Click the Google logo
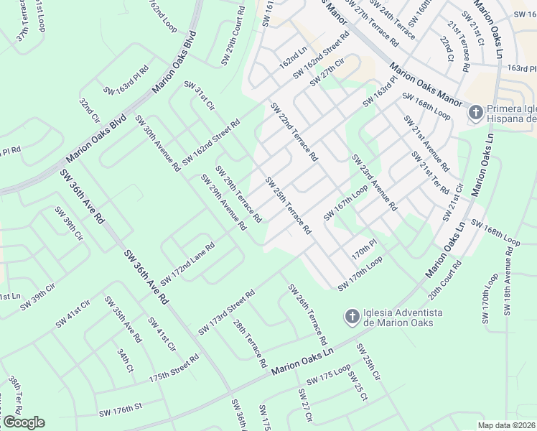(x=24, y=422)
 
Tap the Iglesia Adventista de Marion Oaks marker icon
(x=352, y=316)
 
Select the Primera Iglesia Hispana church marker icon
(x=475, y=112)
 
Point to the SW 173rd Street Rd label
(x=226, y=312)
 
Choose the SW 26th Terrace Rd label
(x=308, y=314)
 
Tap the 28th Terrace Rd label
(x=250, y=343)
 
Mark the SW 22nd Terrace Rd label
(x=294, y=131)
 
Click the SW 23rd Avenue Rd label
(x=374, y=182)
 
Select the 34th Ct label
(x=126, y=361)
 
